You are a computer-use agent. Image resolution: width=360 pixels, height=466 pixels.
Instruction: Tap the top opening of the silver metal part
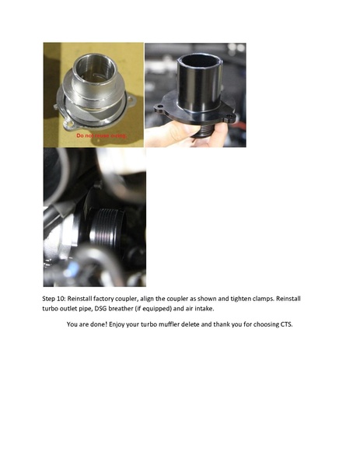[94, 61]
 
